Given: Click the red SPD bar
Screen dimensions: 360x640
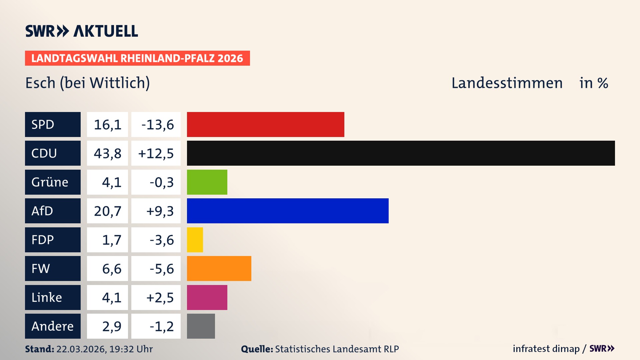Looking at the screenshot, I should click(x=265, y=124).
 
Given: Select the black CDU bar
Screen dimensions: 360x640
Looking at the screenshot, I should click(x=401, y=153).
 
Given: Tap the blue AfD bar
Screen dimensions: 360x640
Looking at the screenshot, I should click(x=288, y=211).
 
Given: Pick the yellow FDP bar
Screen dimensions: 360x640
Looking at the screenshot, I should click(x=195, y=240).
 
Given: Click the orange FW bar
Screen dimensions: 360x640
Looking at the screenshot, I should click(x=219, y=268).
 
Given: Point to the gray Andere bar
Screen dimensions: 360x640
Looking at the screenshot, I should click(x=201, y=326).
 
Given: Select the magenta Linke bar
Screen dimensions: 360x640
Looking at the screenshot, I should click(x=207, y=297).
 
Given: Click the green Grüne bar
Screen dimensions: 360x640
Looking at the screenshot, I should click(x=207, y=182).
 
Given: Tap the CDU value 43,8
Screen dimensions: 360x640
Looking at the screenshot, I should click(x=107, y=153).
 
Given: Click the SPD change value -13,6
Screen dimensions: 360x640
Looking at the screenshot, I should click(x=157, y=125).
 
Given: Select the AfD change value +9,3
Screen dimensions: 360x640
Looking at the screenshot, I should click(x=160, y=211).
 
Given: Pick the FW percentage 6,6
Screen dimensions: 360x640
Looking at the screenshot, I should click(x=111, y=269).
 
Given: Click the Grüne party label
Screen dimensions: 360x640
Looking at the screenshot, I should click(x=50, y=182).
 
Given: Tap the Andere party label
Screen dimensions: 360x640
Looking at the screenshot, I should click(x=52, y=326).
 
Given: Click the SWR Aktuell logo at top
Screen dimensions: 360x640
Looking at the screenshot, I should click(x=81, y=31).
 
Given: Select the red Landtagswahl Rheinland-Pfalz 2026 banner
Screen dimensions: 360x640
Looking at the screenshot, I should click(x=137, y=58).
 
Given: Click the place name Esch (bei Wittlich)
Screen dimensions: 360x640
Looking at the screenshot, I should click(x=87, y=83).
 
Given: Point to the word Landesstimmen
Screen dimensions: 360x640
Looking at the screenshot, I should click(x=507, y=83).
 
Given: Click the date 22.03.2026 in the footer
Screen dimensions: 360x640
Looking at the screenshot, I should click(x=81, y=349).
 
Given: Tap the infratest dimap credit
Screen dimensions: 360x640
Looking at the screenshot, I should click(x=546, y=349).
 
